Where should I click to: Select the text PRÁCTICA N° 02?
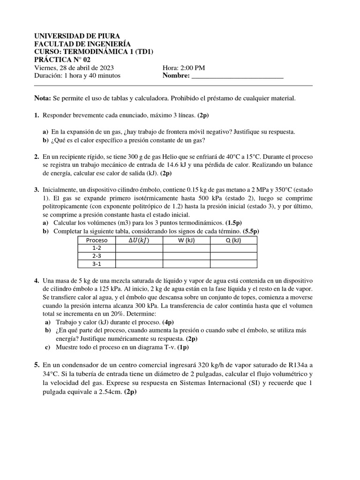(x=63, y=60)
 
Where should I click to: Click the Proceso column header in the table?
(x=97, y=240)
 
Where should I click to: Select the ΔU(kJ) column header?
(x=139, y=240)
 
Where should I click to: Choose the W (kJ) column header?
(x=186, y=240)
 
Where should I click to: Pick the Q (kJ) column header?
(x=233, y=240)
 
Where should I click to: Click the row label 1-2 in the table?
(x=97, y=248)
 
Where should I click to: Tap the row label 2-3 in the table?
(x=97, y=256)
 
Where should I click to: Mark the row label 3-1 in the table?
(x=97, y=264)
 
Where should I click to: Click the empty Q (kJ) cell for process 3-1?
(x=233, y=264)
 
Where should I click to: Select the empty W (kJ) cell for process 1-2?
(x=186, y=248)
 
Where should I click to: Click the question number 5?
(x=37, y=365)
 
